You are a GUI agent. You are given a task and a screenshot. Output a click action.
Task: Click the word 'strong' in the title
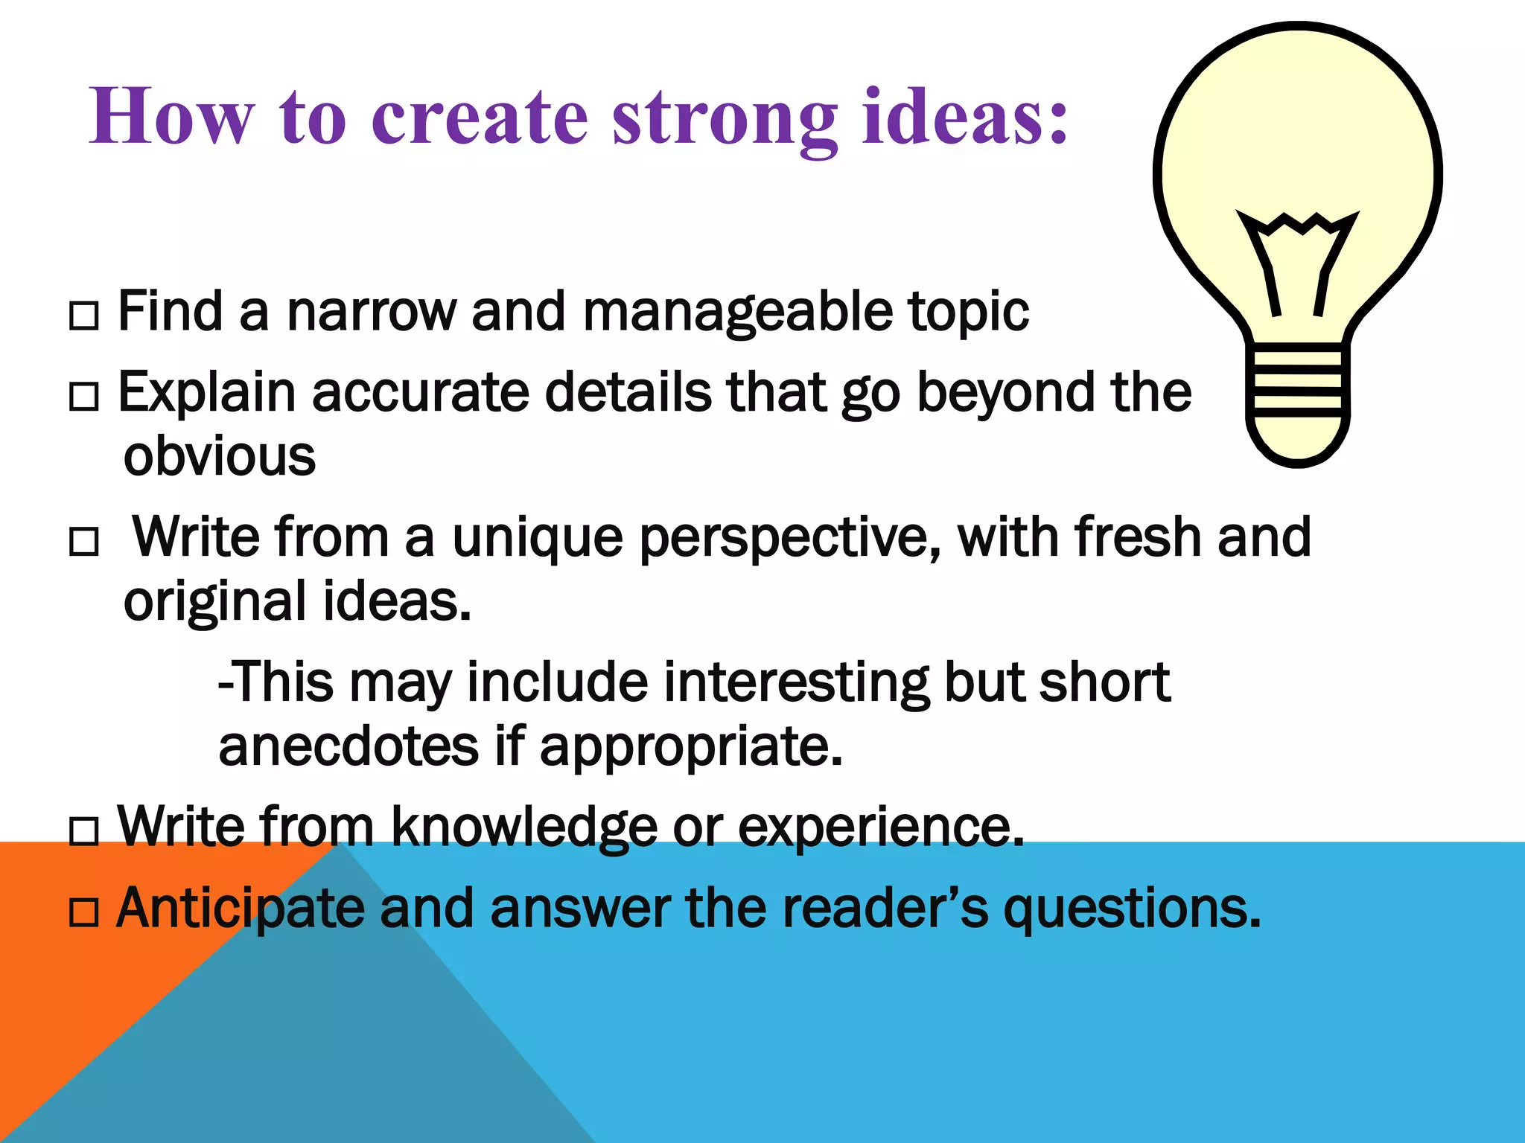pyautogui.click(x=725, y=119)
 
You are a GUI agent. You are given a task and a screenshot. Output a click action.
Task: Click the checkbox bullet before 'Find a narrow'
pyautogui.click(x=83, y=316)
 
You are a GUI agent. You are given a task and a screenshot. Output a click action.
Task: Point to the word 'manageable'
pyautogui.click(x=736, y=313)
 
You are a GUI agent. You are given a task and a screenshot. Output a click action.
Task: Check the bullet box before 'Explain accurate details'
pyautogui.click(x=83, y=396)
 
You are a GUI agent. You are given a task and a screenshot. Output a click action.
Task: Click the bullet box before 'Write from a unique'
pyautogui.click(x=83, y=541)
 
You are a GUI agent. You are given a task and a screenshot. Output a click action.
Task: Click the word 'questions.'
pyautogui.click(x=1132, y=909)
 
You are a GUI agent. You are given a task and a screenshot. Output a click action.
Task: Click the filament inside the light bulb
pyautogui.click(x=1297, y=260)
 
